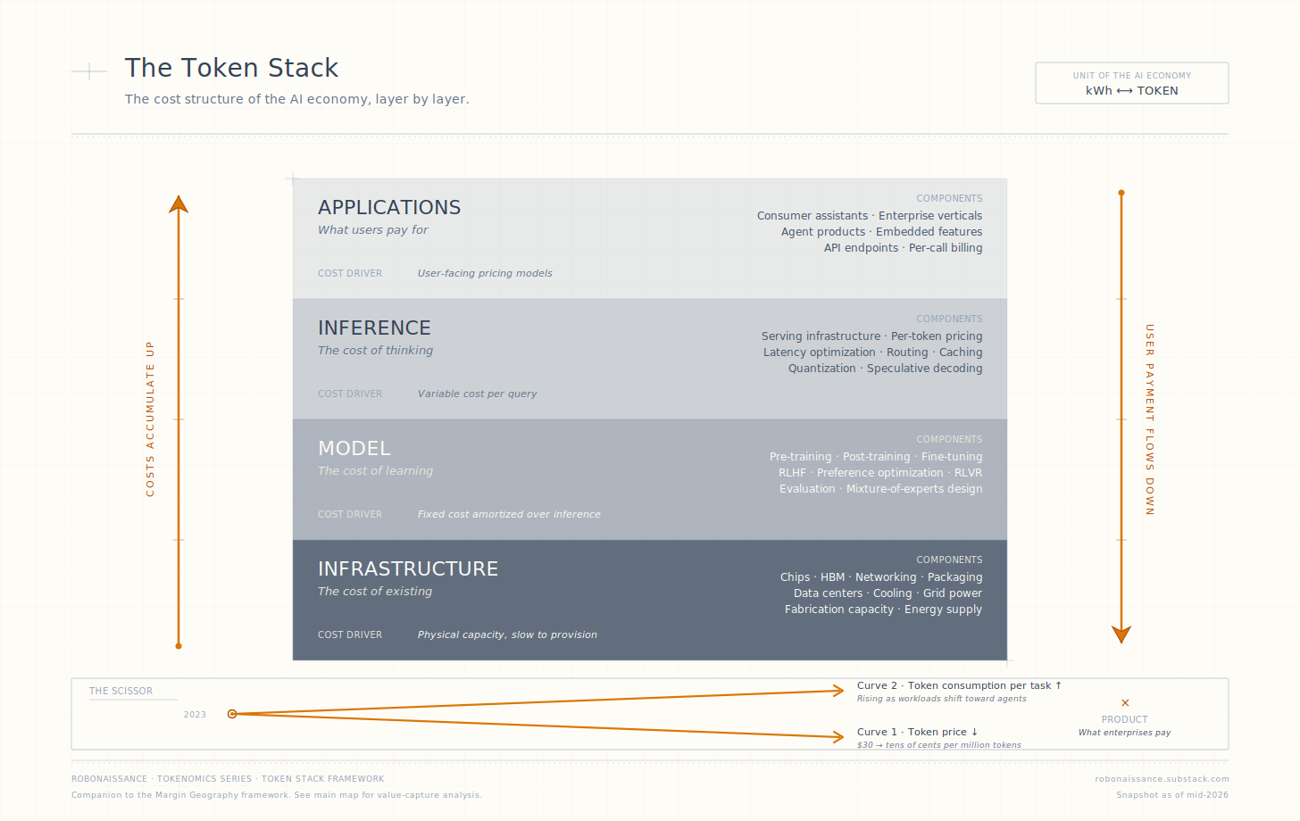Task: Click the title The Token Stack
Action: [x=231, y=68]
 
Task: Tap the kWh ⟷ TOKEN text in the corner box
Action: [x=1132, y=90]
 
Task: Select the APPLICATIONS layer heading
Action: [x=389, y=207]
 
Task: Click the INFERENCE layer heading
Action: [x=374, y=328]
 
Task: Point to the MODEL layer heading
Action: [x=354, y=449]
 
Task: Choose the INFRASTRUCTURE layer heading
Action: [x=408, y=568]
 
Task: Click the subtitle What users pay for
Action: [x=373, y=229]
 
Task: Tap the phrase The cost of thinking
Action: [x=376, y=351]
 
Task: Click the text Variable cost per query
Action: [x=477, y=394]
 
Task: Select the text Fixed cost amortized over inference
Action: [x=509, y=514]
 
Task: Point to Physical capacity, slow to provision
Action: [x=507, y=634]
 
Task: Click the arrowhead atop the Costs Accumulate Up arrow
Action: [x=179, y=204]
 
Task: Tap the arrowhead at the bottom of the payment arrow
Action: [x=1121, y=634]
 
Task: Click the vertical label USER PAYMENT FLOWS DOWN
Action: [x=1150, y=419]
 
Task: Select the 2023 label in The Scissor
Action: [x=195, y=714]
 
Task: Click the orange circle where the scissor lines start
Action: [x=232, y=714]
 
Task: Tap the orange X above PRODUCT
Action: [x=1125, y=702]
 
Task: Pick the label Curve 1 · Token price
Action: [x=918, y=733]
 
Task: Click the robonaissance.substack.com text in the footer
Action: [x=1162, y=779]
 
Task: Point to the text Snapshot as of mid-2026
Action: [x=1172, y=795]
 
